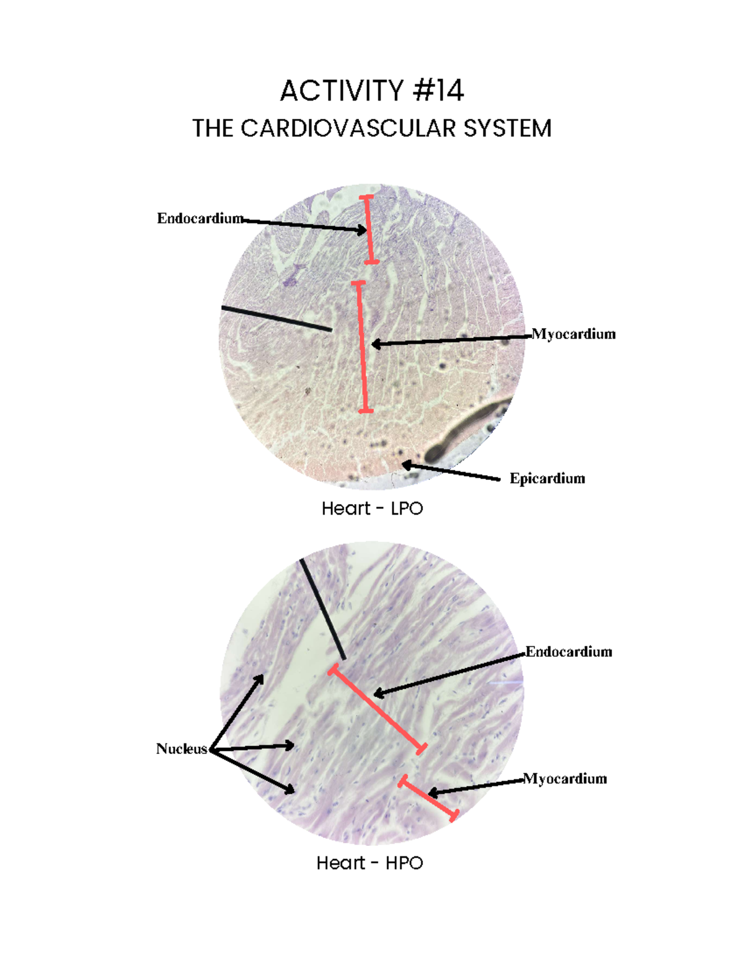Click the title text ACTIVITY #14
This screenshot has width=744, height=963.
(371, 91)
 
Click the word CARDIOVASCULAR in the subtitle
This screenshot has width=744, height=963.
(350, 128)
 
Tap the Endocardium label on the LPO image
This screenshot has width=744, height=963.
(199, 218)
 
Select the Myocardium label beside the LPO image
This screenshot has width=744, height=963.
(573, 334)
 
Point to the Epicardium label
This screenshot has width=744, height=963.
(547, 478)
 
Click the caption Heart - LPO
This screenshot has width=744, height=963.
(372, 508)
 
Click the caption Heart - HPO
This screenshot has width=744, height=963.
(370, 863)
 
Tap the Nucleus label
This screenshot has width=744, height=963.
(181, 748)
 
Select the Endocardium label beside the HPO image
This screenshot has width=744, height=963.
(569, 652)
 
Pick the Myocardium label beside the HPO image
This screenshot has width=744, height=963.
(565, 779)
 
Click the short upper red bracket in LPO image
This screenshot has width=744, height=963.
(368, 229)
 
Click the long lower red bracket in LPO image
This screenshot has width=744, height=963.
(362, 347)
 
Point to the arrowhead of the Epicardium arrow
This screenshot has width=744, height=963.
(405, 464)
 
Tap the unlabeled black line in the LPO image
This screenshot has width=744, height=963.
(276, 318)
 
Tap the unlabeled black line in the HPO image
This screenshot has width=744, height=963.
(322, 608)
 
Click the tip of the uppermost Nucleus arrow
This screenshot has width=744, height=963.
(262, 677)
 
